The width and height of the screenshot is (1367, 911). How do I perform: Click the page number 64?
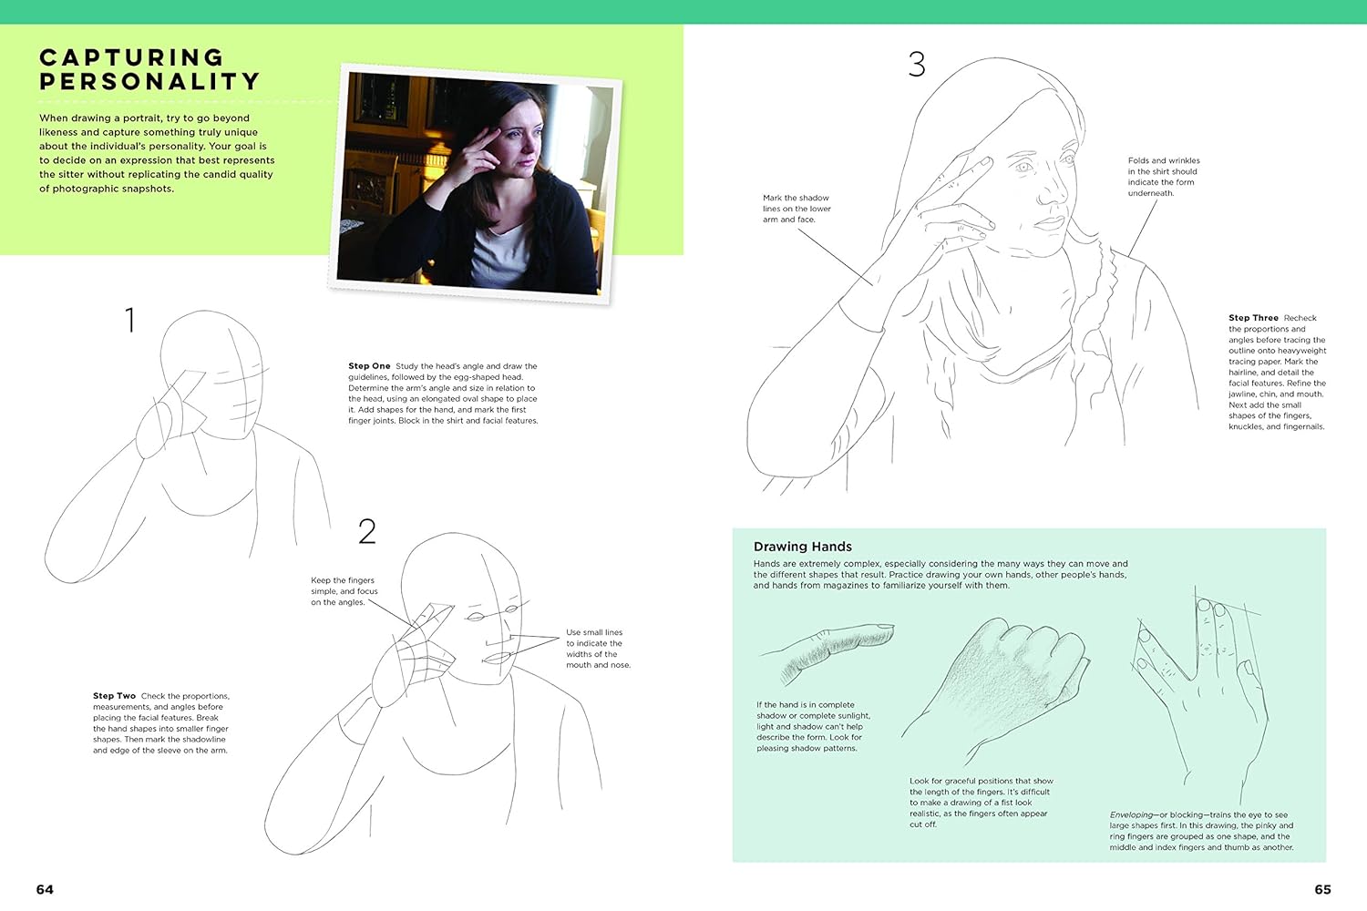coord(45,889)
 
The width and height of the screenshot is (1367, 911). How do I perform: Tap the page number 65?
coord(1322,889)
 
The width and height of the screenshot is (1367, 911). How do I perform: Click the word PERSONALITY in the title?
coord(150,81)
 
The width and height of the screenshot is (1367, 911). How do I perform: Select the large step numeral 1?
coord(130,320)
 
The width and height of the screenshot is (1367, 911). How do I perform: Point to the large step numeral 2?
coord(366,531)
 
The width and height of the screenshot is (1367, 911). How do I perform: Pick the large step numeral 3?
coord(917,64)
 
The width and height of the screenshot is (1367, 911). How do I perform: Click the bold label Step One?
coord(369,366)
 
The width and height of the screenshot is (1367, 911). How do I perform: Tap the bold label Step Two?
coord(114,696)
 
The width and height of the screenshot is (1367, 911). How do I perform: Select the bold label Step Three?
coord(1253,318)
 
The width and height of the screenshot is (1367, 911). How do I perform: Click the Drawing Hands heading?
coord(803,547)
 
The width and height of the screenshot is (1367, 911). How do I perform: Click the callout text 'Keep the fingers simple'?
coord(344,591)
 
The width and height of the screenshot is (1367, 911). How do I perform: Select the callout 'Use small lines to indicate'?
coord(598,649)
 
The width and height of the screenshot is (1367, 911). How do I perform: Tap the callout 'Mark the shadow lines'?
coord(797,209)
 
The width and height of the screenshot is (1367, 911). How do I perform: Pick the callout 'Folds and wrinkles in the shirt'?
coord(1164,177)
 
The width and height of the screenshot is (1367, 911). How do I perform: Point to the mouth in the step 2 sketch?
coord(497,659)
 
